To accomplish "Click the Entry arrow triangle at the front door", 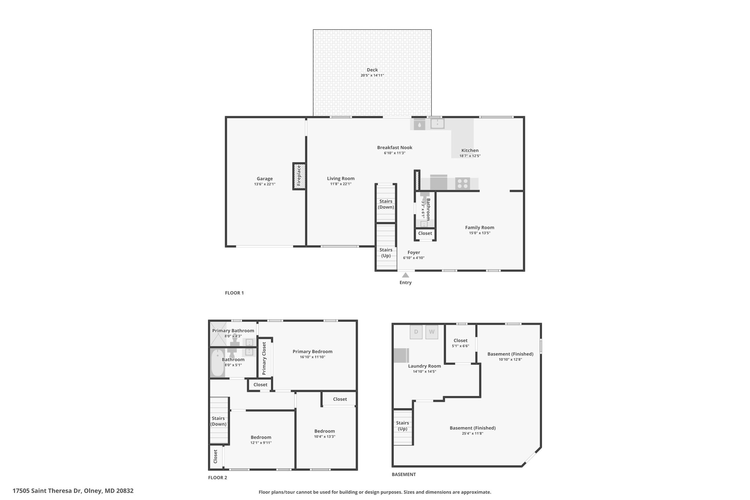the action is click(405, 275).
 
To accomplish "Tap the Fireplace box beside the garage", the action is click(299, 176).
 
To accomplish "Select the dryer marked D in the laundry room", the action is click(416, 332).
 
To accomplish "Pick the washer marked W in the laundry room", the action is click(432, 332).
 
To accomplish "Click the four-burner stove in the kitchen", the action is click(463, 184).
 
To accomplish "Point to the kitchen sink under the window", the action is click(437, 124).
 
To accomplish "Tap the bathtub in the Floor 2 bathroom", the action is click(218, 363).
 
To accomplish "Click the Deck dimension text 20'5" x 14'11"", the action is click(372, 75).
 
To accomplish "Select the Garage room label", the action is click(264, 179).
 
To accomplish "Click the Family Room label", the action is click(480, 227).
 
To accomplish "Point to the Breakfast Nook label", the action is click(395, 148).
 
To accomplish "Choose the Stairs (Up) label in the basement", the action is click(402, 426).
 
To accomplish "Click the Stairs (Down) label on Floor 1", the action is click(386, 204).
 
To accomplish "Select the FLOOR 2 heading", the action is click(218, 478).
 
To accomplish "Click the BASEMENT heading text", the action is click(404, 474).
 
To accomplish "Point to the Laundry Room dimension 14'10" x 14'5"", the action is click(424, 371).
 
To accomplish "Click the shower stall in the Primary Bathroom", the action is click(218, 334).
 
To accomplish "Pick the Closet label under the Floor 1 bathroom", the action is click(425, 233).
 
